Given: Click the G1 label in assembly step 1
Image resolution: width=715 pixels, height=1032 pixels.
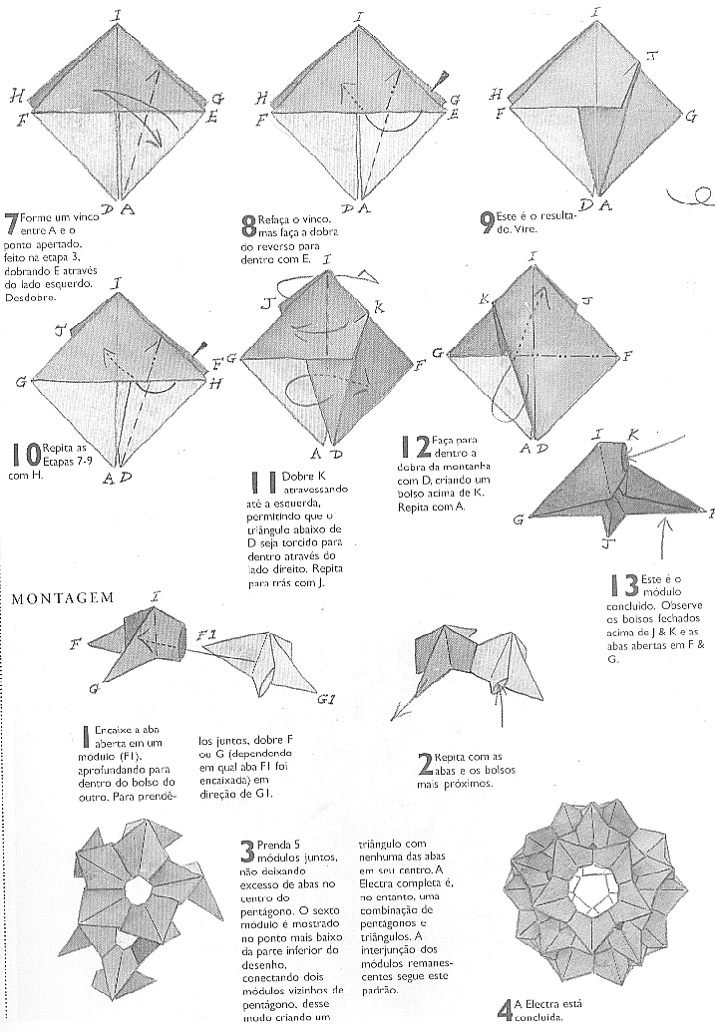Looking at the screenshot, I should (326, 701).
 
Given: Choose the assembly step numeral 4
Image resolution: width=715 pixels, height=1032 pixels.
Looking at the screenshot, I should (504, 1009).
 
